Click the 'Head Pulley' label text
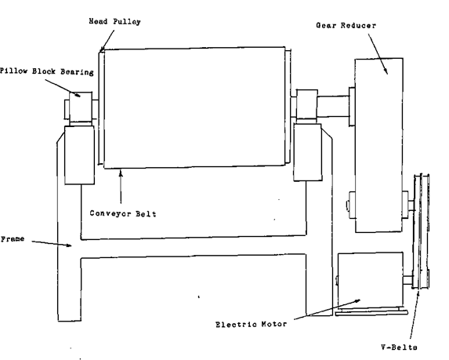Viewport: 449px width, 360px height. (x=114, y=22)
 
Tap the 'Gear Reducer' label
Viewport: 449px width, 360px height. (x=346, y=26)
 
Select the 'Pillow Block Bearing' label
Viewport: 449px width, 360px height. (x=47, y=71)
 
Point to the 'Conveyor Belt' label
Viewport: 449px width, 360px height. (x=123, y=214)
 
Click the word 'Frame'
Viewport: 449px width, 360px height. (x=13, y=239)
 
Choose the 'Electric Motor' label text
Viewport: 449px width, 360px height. (x=251, y=325)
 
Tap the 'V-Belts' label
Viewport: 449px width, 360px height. (x=399, y=347)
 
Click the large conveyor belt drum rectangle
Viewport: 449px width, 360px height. (x=194, y=107)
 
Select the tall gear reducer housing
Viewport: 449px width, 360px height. (x=378, y=145)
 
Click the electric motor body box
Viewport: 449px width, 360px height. (x=371, y=280)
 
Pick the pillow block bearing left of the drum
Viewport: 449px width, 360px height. (x=81, y=107)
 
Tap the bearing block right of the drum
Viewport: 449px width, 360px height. (x=306, y=104)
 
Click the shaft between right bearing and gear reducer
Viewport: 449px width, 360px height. (x=333, y=106)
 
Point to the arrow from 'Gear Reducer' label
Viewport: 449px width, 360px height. (x=378, y=54)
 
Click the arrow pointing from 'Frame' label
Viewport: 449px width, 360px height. (x=52, y=243)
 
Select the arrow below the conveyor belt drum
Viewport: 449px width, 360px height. (x=121, y=187)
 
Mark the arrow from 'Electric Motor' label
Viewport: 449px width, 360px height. (x=328, y=310)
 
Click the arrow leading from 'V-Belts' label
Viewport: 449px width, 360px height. (x=415, y=315)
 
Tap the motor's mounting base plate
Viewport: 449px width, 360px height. (x=371, y=312)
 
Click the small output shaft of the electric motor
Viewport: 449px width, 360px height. (x=408, y=280)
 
